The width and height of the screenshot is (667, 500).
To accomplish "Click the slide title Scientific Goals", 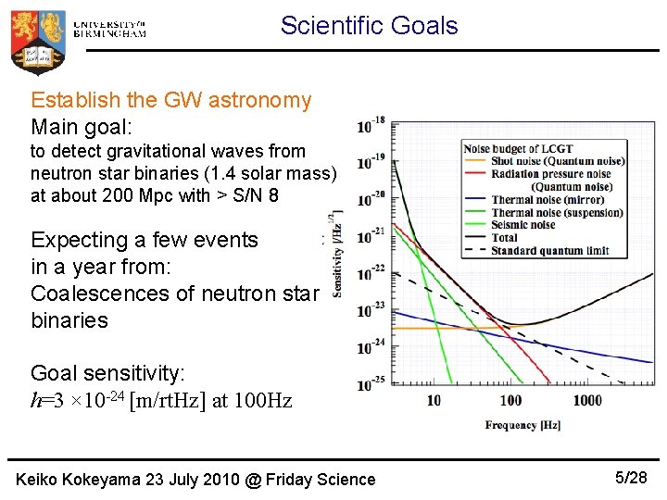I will (369, 25).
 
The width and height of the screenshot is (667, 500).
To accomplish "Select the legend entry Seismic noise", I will (523, 224).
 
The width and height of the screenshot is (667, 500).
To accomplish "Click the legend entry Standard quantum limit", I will (549, 249).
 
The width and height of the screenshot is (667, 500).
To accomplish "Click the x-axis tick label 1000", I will (586, 400).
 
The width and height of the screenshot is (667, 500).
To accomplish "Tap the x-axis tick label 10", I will (434, 400).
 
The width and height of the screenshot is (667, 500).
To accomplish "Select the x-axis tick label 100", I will (510, 400).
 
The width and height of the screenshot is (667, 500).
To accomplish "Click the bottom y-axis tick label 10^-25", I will (371, 381).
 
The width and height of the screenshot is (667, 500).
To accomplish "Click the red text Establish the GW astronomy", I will (171, 100).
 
